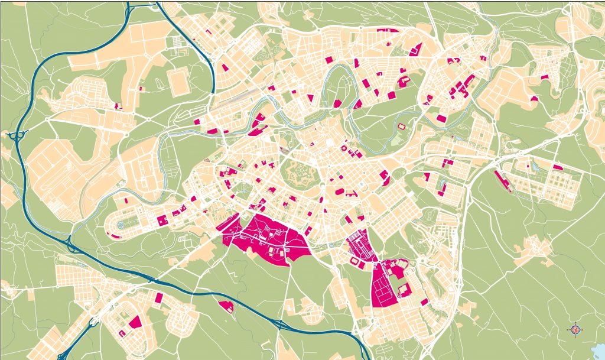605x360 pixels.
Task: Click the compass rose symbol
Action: pos(576,329)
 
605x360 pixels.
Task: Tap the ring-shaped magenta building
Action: pos(343,148)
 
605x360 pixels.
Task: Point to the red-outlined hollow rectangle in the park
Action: pos(402,126)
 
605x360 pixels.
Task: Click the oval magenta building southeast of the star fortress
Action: pos(340,192)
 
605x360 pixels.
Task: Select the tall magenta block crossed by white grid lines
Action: pos(385,284)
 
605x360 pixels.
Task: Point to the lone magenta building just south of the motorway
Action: pos(226,306)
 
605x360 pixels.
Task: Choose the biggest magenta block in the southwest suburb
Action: pos(135,322)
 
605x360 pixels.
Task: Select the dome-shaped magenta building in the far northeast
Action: pos(534,99)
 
